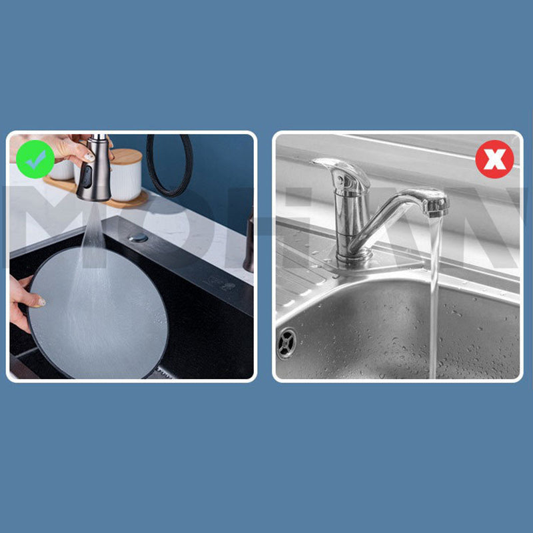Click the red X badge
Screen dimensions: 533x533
click(x=494, y=160)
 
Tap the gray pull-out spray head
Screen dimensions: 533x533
click(x=95, y=172)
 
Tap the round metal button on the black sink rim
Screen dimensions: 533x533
click(x=139, y=237)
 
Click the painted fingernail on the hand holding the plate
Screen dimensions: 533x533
click(x=41, y=302)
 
